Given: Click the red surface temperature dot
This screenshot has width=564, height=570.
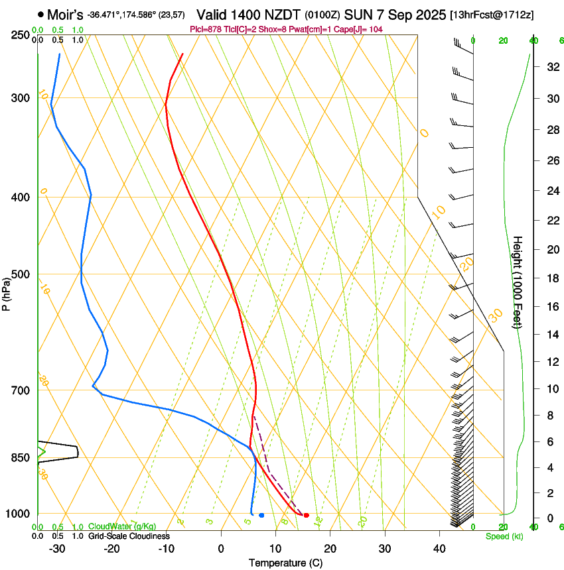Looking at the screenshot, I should [x=306, y=515].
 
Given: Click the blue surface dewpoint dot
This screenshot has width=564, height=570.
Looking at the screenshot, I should [x=261, y=515].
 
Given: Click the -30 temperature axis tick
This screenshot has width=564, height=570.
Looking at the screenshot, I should [x=57, y=549].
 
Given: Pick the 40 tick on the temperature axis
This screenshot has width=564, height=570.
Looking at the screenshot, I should [x=439, y=549].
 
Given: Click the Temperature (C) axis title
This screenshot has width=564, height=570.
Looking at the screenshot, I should [x=285, y=563].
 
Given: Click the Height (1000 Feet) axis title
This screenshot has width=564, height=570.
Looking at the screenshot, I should [x=518, y=282].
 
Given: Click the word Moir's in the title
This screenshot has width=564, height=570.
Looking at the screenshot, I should [x=64, y=14].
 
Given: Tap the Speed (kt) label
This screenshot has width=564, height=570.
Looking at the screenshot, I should [x=504, y=536].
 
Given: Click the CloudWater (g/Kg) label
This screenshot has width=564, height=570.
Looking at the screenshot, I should [x=122, y=527].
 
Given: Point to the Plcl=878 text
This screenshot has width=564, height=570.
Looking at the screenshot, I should [x=206, y=29].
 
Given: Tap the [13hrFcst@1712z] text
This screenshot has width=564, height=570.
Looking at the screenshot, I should [x=492, y=15].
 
